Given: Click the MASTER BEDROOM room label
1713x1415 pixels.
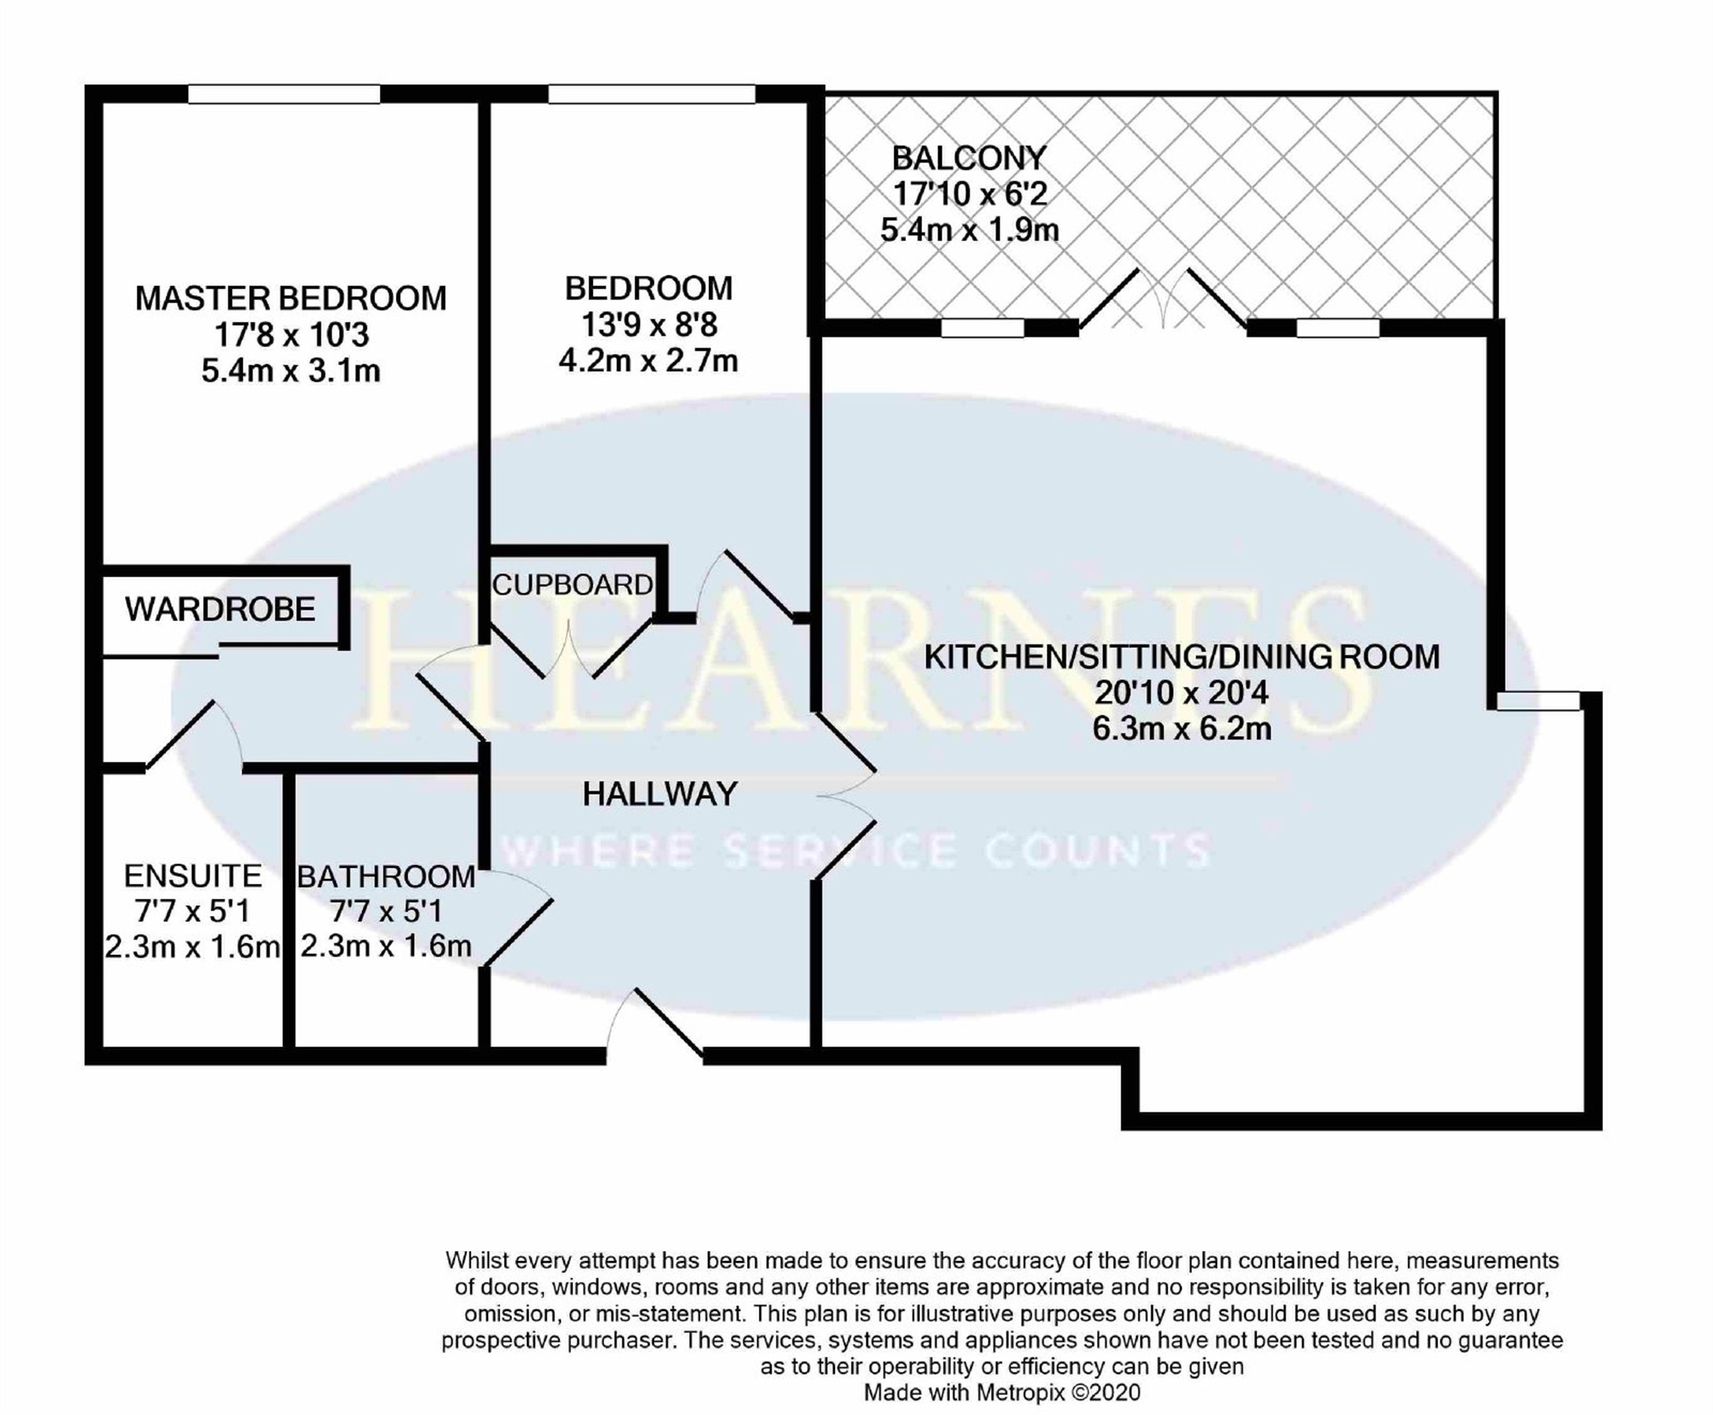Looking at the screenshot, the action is click(290, 299).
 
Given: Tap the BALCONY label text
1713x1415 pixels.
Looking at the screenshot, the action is click(969, 158).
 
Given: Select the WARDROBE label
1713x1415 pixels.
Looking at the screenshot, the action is click(220, 609).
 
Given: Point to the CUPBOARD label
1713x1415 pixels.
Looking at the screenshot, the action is click(573, 584).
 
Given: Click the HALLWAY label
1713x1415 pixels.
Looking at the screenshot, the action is click(661, 793).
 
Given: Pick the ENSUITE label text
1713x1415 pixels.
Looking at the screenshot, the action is click(193, 875).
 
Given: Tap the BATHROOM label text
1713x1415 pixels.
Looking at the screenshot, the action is click(386, 876).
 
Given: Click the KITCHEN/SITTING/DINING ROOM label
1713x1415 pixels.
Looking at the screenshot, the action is click(1182, 657).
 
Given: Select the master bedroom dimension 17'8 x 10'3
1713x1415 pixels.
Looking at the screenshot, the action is click(291, 335).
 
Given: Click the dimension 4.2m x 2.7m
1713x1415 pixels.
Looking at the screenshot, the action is click(648, 361).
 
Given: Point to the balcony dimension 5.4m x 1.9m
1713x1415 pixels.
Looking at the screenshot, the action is click(969, 230).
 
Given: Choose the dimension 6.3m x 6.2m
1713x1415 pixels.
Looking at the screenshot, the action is click(1182, 728).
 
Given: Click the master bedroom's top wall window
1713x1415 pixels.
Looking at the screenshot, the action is click(283, 94).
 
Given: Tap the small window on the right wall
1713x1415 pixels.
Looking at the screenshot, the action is click(1538, 701).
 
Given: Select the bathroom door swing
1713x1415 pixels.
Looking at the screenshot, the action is click(518, 917).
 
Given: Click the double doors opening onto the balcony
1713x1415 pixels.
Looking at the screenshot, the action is click(1163, 299).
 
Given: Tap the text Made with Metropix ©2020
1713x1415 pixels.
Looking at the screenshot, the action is click(1002, 1392).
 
